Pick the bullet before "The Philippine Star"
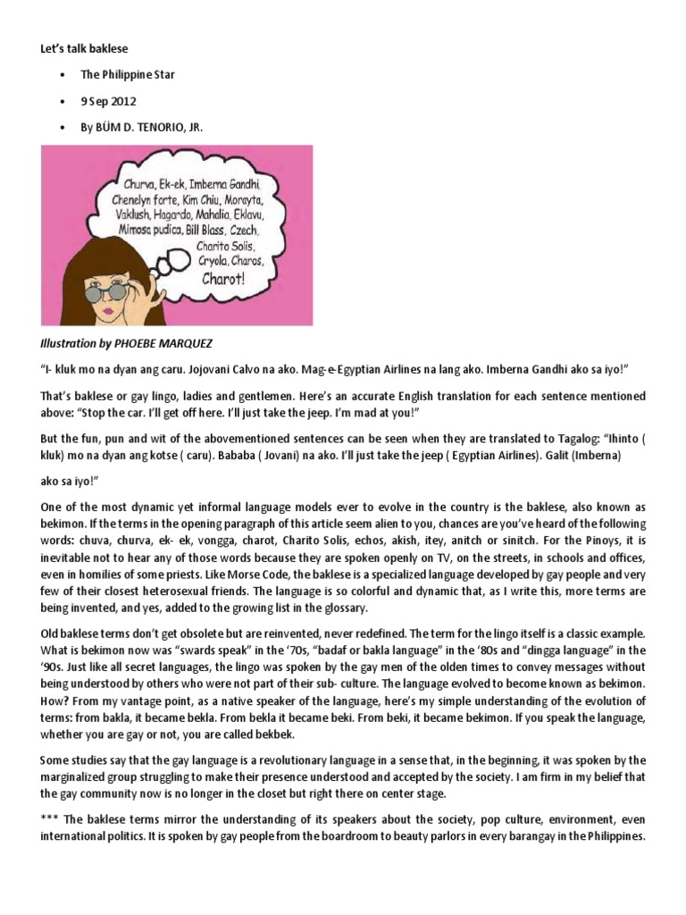(63, 75)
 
